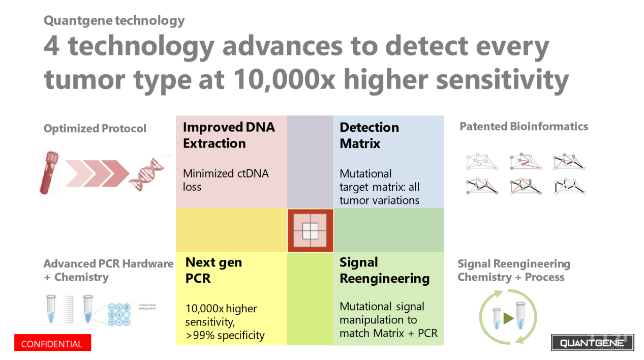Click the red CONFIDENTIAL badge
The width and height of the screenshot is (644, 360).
pos(52,344)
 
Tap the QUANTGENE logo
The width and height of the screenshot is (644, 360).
pos(592,343)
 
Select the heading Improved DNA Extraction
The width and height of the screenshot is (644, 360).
pos(228,135)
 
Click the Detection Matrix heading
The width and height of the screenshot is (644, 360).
pos(369,135)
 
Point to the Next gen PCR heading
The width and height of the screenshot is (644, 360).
pos(213,271)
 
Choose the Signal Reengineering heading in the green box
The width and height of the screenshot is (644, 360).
pos(384,271)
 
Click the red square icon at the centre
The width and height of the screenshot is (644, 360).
pos(310,231)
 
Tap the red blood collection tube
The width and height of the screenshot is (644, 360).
pos(49,172)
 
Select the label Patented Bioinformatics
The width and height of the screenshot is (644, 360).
pos(524,127)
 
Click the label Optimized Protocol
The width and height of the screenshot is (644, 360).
pos(95,129)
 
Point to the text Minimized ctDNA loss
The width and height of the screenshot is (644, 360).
pos(225,180)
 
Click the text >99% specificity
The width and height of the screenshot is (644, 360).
pos(225,335)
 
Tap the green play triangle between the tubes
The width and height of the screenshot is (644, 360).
pos(508,319)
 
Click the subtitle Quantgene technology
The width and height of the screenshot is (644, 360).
pos(114,21)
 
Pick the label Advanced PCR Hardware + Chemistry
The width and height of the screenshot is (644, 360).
pos(108,271)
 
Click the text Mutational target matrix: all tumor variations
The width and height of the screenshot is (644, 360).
pos(379,187)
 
